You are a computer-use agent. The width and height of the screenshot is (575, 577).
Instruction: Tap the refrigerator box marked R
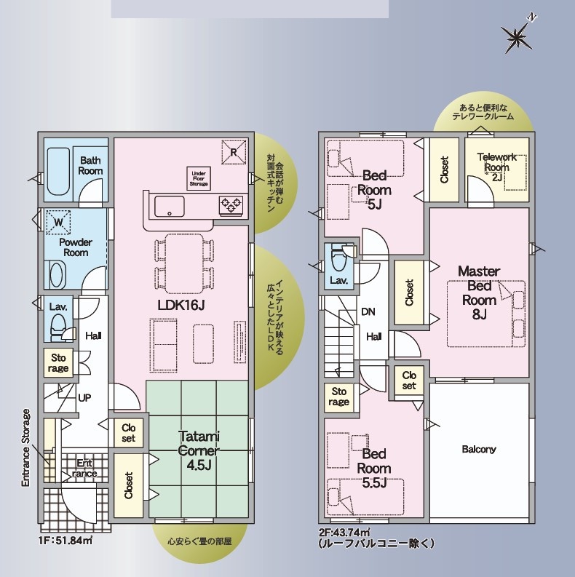pos(234,152)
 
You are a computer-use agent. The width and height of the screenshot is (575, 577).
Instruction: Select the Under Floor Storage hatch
pos(199,178)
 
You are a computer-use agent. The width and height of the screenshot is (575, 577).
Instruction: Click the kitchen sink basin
pos(170,207)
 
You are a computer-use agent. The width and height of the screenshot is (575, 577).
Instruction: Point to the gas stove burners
pos(231,204)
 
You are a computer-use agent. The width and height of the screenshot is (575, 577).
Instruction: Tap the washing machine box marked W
pos(58,223)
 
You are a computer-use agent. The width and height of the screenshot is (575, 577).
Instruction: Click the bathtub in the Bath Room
pos(58,172)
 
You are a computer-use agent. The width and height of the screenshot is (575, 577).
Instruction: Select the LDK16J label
pos(181,305)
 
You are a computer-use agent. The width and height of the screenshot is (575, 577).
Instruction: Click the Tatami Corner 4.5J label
pos(199,450)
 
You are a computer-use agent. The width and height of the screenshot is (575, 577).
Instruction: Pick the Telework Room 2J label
pos(497,167)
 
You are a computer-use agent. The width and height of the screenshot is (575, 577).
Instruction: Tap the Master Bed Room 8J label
pos(479,293)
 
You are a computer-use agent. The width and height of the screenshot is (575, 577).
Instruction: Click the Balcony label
pos(479,449)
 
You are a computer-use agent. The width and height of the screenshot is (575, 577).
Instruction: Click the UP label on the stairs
pos(84,398)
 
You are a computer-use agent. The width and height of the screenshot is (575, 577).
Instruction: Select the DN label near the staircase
pos(368,312)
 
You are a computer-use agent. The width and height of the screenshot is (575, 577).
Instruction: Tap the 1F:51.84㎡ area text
pos(66,541)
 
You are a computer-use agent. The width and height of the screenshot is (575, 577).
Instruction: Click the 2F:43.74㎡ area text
pos(344,532)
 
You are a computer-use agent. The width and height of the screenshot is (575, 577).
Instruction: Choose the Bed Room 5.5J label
pos(374,468)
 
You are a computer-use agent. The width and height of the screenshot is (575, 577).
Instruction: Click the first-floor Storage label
pos(59,363)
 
